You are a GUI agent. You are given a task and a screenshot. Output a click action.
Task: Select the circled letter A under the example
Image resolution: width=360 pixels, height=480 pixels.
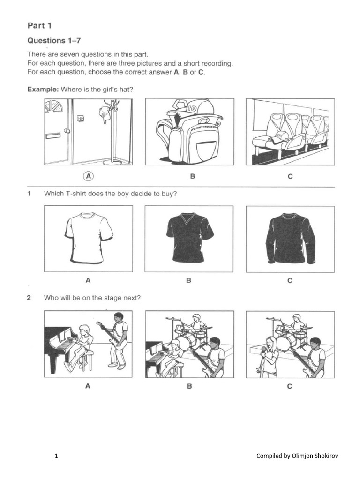[x=88, y=176]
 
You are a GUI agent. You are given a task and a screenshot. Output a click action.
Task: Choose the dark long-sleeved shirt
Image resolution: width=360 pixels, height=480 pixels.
[x=290, y=233]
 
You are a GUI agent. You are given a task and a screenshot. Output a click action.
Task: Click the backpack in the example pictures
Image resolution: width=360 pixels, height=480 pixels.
[x=187, y=134]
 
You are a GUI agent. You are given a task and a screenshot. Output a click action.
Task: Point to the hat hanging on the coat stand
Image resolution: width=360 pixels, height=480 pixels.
[x=104, y=114]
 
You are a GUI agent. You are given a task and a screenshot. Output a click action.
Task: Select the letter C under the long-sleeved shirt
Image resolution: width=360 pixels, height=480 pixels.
[x=290, y=281]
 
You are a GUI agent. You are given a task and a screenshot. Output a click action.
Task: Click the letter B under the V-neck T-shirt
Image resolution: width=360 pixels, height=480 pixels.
[x=189, y=281]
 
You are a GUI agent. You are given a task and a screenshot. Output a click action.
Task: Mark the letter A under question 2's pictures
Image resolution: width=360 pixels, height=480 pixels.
[x=88, y=386]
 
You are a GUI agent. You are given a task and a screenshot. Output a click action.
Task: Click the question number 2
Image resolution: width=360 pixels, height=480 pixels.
[x=29, y=298]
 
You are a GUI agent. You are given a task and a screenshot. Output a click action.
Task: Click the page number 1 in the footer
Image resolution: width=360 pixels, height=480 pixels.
[x=56, y=456]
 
